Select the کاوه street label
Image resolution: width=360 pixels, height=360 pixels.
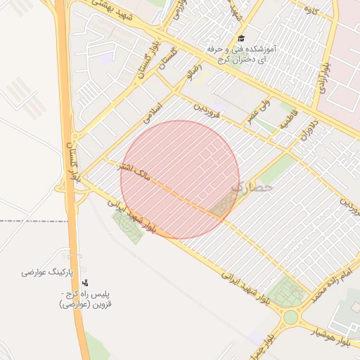[x=309, y=10]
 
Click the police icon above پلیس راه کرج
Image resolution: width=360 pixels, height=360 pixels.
[x=86, y=282]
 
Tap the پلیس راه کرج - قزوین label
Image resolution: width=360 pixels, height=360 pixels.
[x=86, y=300]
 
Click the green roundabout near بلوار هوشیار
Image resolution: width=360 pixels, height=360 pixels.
[x=290, y=316]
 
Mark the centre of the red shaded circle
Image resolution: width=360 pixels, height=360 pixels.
[x=179, y=179]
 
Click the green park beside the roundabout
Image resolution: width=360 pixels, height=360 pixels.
[x=287, y=290]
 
